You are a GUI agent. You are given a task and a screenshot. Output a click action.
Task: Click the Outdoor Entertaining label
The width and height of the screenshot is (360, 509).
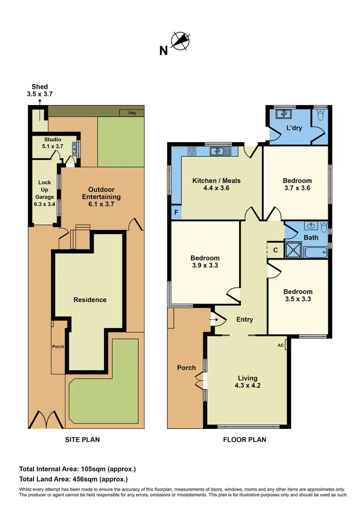tap(101, 193)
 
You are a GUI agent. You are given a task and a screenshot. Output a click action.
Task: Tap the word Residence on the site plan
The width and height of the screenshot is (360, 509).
tap(90, 300)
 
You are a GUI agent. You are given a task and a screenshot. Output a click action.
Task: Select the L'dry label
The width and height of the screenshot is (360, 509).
tap(294, 128)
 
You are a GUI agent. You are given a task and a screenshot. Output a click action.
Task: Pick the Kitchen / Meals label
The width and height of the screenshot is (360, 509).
tap(216, 184)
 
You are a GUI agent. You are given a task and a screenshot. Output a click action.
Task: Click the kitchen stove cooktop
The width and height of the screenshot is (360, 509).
tap(192, 151)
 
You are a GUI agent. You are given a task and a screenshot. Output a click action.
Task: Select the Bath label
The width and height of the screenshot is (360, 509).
tap(311, 237)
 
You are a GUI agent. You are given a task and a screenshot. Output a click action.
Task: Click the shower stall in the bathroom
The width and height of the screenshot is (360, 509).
tap(292, 249)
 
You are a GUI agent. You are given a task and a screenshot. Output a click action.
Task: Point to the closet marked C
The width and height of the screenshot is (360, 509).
tap(275, 249)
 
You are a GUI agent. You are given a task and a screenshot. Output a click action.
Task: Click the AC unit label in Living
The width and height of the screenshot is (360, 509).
tap(281, 345)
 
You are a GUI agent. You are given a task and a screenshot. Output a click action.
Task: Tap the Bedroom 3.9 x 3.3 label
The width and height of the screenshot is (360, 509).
tap(205, 261)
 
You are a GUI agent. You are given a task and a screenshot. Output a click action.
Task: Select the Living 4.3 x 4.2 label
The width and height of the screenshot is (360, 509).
tap(248, 381)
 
